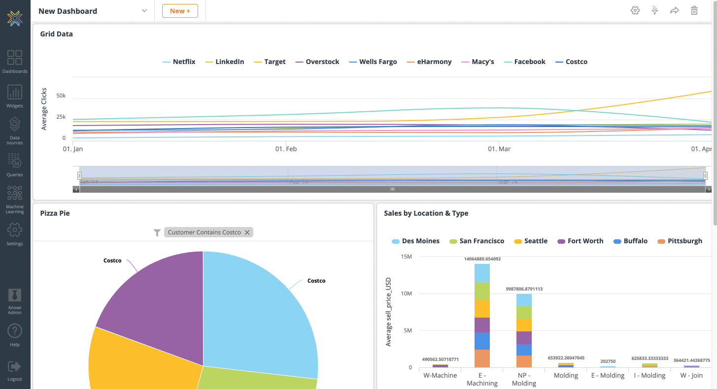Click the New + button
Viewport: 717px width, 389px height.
[180, 11]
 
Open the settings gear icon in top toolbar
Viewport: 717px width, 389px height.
[635, 11]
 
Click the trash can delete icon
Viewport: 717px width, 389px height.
[694, 11]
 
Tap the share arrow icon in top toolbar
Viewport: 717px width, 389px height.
[674, 11]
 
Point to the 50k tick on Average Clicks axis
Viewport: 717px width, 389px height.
[61, 96]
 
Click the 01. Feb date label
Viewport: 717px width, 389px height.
[286, 149]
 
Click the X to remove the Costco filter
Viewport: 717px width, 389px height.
[247, 232]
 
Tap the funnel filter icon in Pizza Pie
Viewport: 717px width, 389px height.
[157, 232]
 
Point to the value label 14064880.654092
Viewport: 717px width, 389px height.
[482, 259]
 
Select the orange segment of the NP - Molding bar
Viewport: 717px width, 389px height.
[524, 361]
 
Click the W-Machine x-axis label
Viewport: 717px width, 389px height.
[440, 375]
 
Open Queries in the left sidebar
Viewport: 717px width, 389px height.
[15, 165]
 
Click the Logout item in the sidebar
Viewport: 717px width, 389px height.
[15, 370]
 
